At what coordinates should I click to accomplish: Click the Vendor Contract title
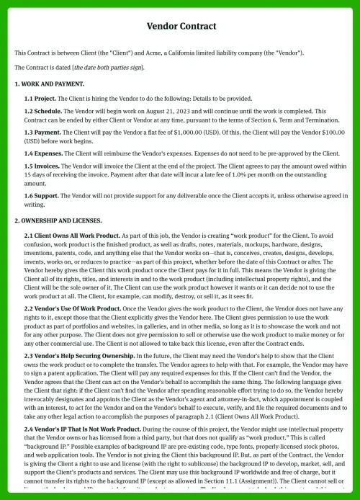click(180, 27)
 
